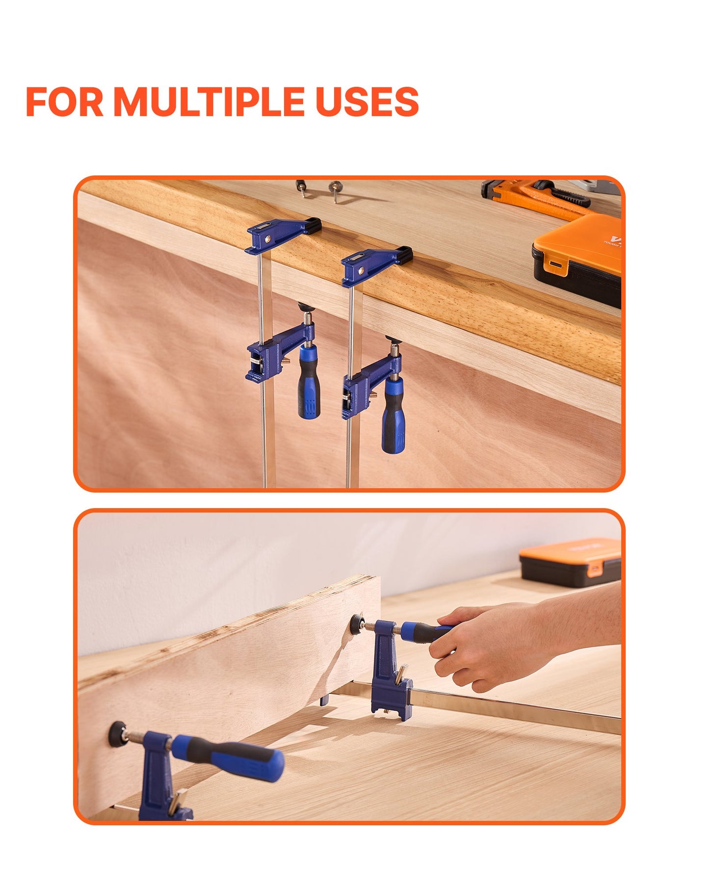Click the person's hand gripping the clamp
tap(491, 648)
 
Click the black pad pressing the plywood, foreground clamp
tap(117, 733)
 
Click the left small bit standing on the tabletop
tap(301, 188)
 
